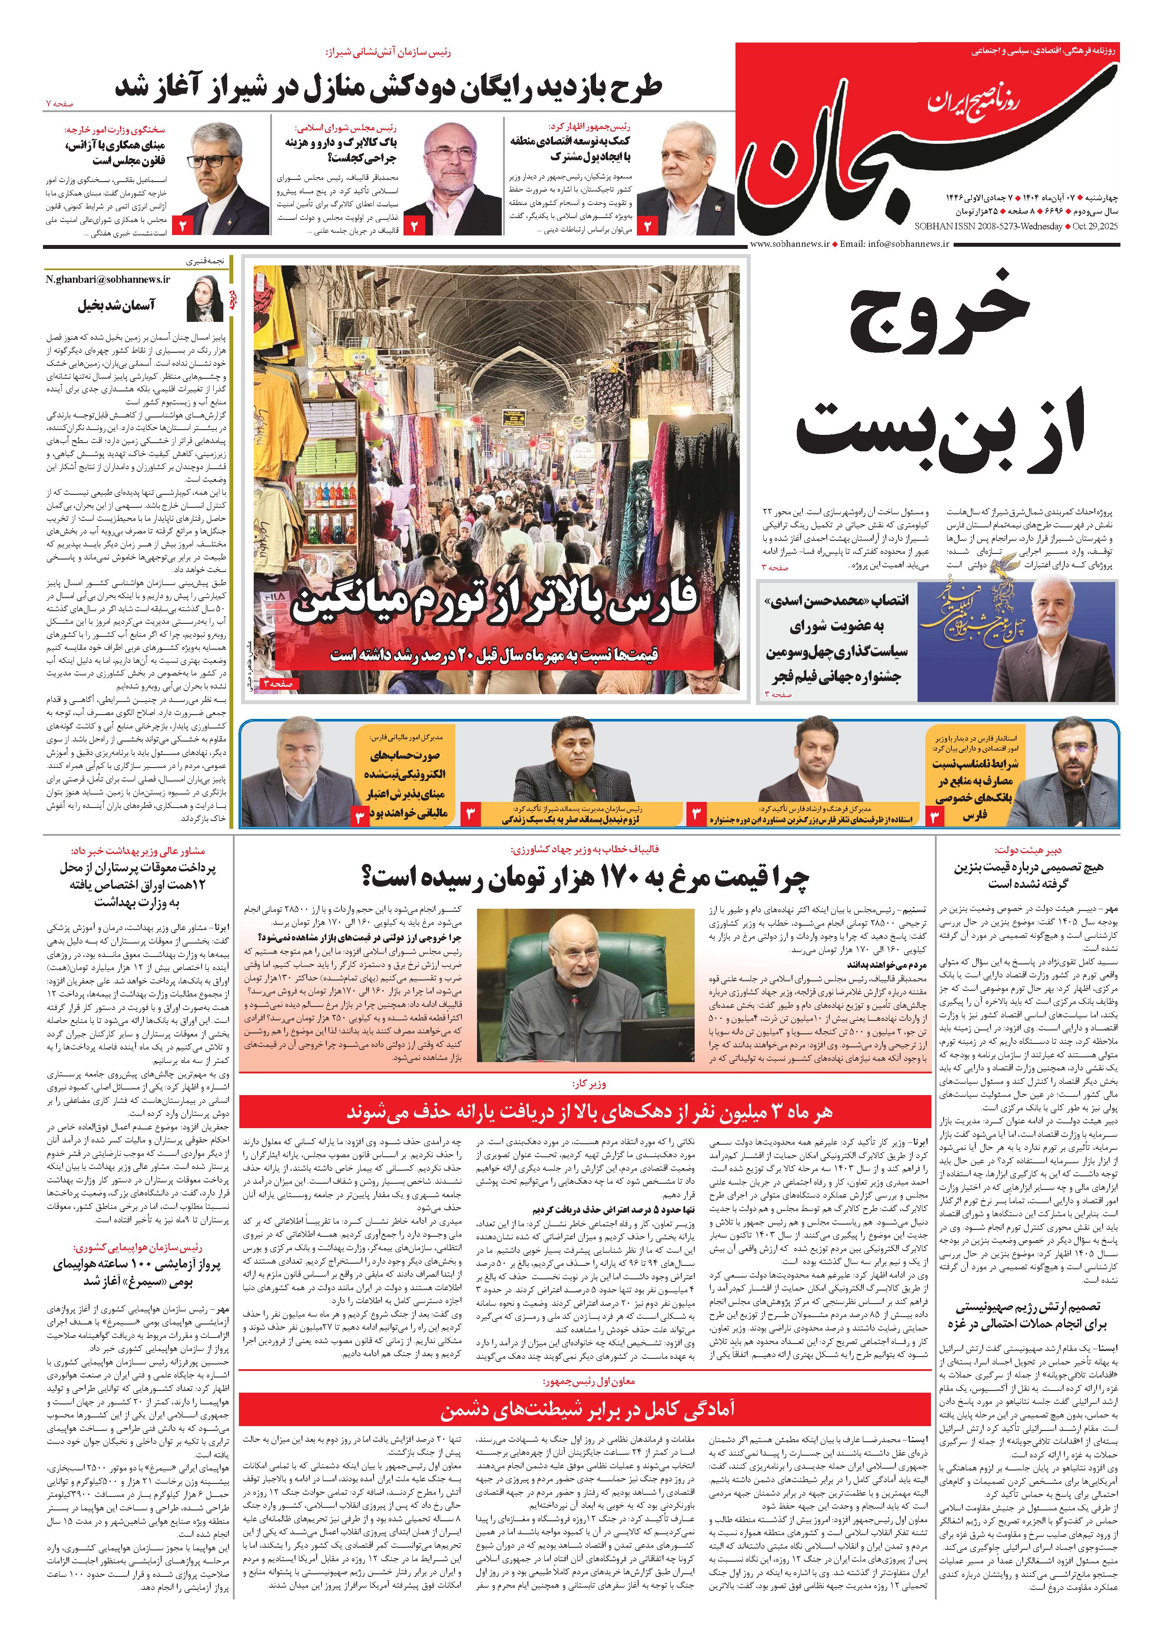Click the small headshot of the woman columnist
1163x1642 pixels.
(205, 299)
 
